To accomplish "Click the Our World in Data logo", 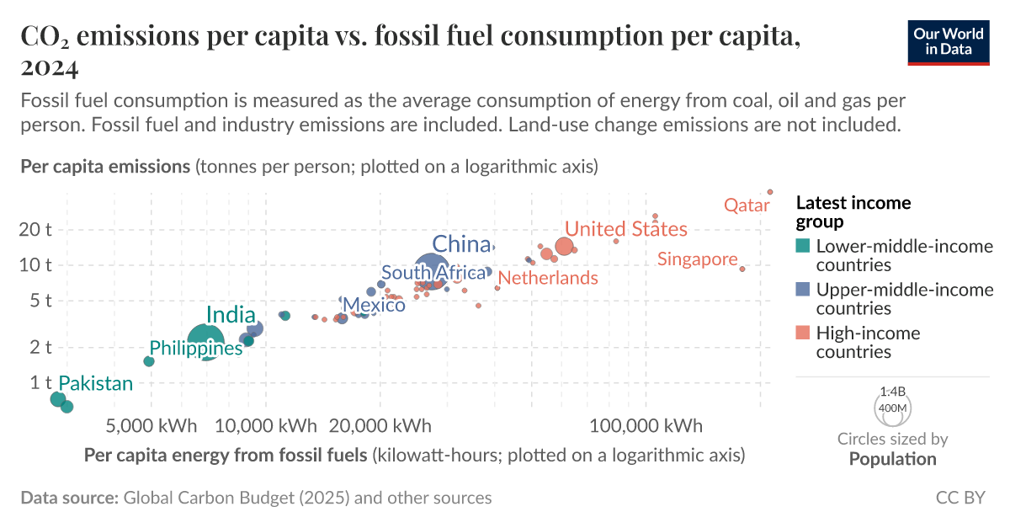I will pyautogui.click(x=948, y=40).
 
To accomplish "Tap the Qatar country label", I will pyautogui.click(x=747, y=205).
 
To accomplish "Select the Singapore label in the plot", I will pyautogui.click(x=697, y=259).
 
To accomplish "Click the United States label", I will pyautogui.click(x=625, y=229).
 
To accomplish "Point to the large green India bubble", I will pyautogui.click(x=205, y=342).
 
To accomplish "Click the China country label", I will pyautogui.click(x=460, y=244).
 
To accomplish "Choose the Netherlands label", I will pyautogui.click(x=547, y=278).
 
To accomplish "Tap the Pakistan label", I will pyautogui.click(x=96, y=384).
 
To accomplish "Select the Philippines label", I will pyautogui.click(x=195, y=348).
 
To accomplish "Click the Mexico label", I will pyautogui.click(x=374, y=305).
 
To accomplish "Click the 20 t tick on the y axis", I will pyautogui.click(x=36, y=229).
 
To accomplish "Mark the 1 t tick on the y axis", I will pyautogui.click(x=41, y=383).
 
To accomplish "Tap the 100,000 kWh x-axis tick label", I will pyautogui.click(x=646, y=425).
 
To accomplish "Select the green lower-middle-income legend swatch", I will pyautogui.click(x=803, y=246).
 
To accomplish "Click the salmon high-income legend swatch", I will pyautogui.click(x=803, y=333).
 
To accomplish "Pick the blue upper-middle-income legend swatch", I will pyautogui.click(x=803, y=290).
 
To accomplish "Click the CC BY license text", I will pyautogui.click(x=959, y=498).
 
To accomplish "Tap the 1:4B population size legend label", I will pyautogui.click(x=892, y=392).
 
